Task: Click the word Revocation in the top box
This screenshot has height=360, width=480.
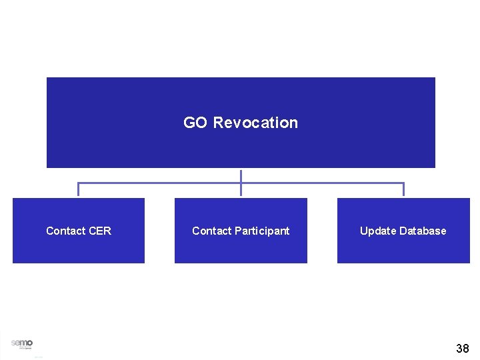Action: (255, 123)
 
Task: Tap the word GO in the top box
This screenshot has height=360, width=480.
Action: (195, 123)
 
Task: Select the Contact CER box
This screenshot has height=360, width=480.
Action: (79, 247)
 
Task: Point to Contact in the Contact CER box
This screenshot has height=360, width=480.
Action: (65, 231)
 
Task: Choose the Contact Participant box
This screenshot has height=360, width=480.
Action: (241, 247)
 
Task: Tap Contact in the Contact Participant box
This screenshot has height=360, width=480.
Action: (211, 231)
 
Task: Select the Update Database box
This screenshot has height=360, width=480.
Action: (403, 247)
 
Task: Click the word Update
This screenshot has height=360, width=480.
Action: (377, 231)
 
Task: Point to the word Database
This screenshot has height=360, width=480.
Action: (421, 231)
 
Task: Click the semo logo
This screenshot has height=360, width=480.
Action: (21, 343)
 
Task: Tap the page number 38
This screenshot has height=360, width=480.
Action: (463, 348)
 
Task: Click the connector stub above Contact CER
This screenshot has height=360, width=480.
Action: (79, 189)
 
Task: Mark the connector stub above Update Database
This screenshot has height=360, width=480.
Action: (403, 189)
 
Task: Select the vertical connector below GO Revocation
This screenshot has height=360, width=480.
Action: (241, 175)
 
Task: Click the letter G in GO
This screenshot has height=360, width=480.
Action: (189, 123)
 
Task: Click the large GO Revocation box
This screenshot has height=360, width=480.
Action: (241, 93)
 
